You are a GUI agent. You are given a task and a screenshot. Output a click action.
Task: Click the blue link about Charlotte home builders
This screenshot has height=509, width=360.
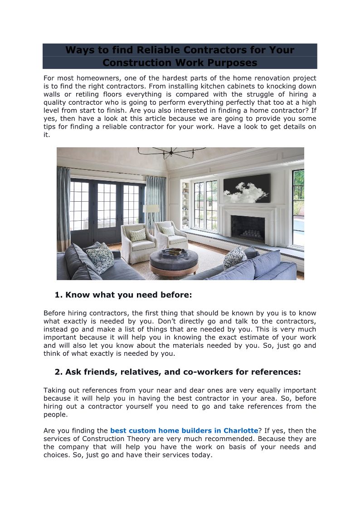[x=184, y=431]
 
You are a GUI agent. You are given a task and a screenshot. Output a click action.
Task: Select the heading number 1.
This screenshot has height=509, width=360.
[x=58, y=295]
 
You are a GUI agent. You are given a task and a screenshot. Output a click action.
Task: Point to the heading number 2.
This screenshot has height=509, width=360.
[x=58, y=372]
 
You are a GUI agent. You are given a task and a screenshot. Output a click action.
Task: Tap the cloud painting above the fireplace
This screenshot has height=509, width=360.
[x=247, y=189]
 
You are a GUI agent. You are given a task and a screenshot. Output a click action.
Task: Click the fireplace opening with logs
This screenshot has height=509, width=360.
[x=248, y=229]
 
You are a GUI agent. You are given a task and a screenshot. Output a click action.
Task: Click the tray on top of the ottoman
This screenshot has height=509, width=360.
[x=175, y=252]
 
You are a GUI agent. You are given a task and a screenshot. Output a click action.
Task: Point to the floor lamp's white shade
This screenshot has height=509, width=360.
[x=151, y=208]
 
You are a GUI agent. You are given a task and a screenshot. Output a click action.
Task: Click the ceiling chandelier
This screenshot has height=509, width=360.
[x=171, y=152]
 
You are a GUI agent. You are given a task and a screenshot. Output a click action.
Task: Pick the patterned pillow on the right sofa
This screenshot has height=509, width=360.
[x=235, y=257]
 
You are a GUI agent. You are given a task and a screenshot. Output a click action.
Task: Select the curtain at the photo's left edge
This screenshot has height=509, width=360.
[x=63, y=208]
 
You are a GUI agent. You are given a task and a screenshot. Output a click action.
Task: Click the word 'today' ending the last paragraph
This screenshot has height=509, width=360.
[x=201, y=455]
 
